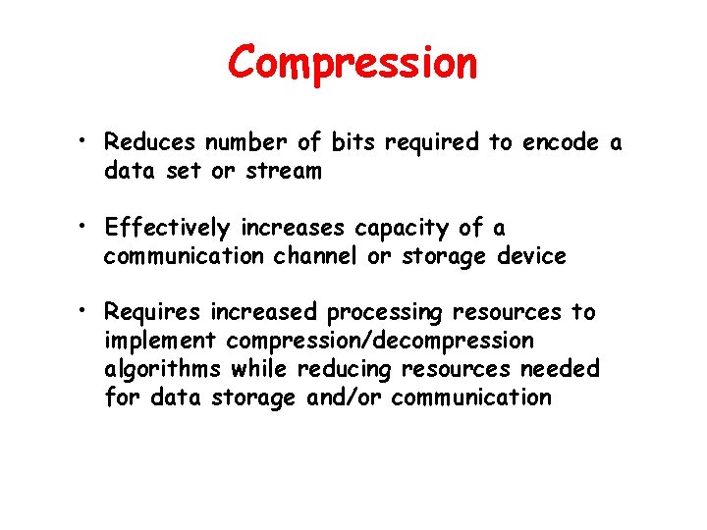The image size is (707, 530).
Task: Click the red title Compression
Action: (x=353, y=63)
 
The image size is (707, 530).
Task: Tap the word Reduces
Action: (x=149, y=143)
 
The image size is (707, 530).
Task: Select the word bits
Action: (x=353, y=143)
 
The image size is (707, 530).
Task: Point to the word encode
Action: (x=560, y=143)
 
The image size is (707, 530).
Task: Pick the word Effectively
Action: (x=167, y=229)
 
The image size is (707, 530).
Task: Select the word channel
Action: (x=323, y=257)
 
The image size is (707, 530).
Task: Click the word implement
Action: (x=160, y=342)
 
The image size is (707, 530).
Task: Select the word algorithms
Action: (x=163, y=369)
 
